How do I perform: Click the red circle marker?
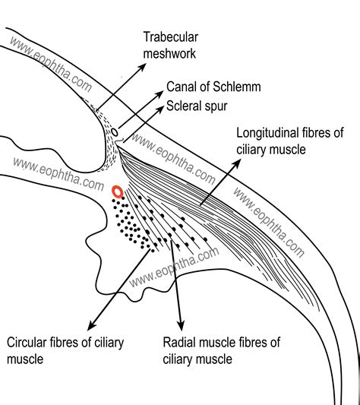[117, 191]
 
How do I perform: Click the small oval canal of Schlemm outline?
[115, 133]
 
